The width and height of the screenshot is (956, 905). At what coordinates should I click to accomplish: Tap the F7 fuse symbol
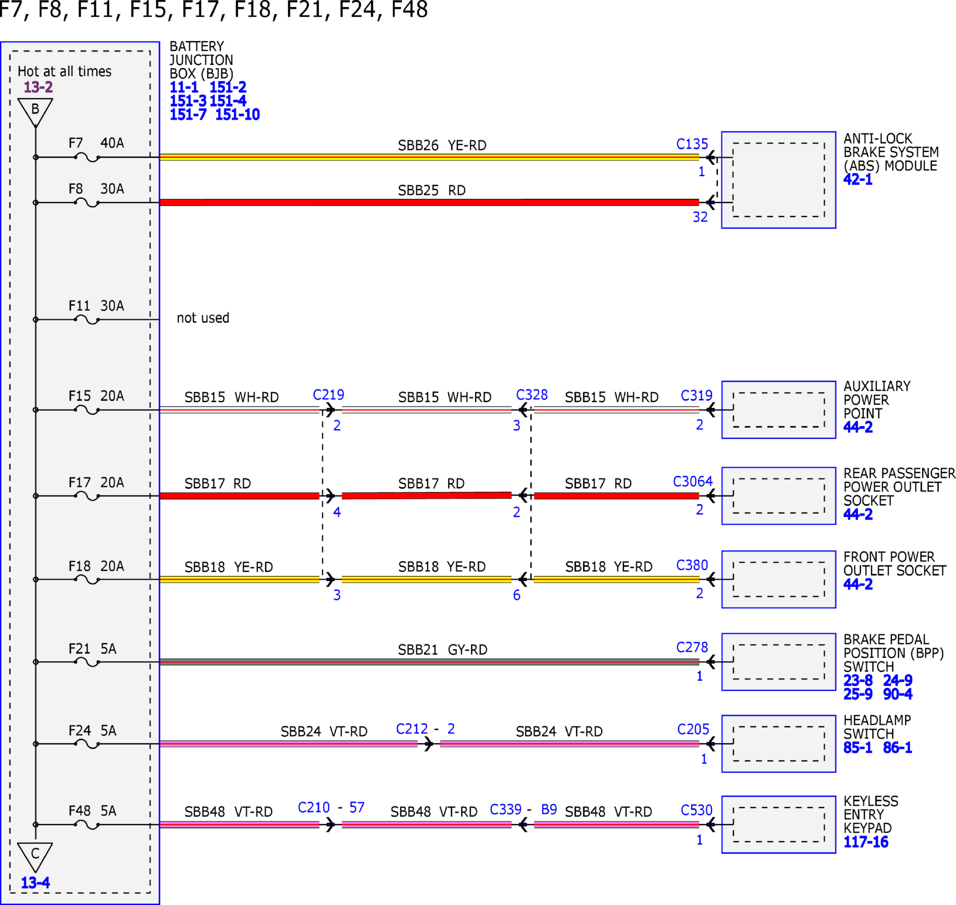(87, 157)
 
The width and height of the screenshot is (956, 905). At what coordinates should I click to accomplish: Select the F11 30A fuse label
(96, 306)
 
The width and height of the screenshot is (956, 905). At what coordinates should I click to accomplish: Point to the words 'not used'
(203, 318)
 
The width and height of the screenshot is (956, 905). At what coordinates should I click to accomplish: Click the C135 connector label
(692, 144)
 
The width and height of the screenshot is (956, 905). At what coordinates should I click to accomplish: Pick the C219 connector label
(328, 395)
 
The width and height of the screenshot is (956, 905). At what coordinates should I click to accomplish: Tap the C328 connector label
(532, 395)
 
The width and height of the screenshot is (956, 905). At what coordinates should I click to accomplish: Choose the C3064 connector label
(692, 481)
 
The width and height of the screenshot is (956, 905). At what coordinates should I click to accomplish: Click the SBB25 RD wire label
(431, 190)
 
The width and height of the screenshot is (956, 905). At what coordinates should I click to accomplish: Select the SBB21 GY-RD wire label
(443, 649)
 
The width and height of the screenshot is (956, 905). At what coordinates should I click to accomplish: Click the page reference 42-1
(858, 180)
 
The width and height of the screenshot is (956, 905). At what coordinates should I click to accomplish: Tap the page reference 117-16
(865, 842)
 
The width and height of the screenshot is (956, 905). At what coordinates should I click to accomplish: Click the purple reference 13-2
(38, 87)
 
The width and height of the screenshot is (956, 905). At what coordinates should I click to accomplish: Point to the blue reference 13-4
(35, 883)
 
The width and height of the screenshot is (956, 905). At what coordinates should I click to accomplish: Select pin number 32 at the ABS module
(700, 216)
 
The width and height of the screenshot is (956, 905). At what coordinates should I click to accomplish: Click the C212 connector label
(412, 728)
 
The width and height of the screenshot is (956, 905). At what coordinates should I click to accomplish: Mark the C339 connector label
(505, 809)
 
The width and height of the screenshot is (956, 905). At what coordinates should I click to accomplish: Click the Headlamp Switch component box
(779, 743)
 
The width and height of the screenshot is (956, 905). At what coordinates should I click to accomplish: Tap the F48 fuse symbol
(87, 825)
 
